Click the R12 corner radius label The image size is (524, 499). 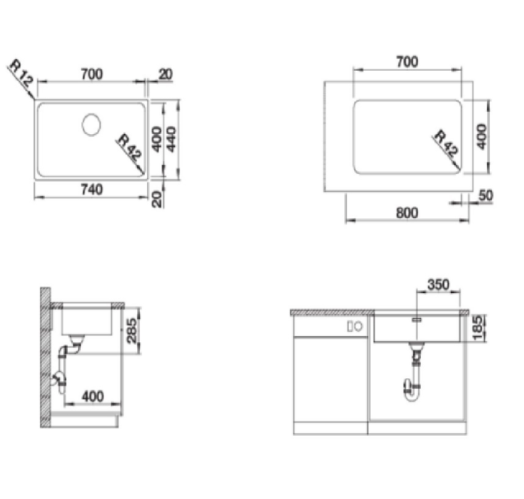(21, 76)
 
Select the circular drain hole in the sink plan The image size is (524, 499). (91, 124)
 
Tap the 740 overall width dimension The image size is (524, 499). (92, 190)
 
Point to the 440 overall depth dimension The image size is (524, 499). (172, 139)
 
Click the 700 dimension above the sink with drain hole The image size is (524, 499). (92, 74)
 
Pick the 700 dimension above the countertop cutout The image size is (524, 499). (407, 62)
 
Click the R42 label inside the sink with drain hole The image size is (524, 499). (130, 146)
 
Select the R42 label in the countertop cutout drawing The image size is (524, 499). (446, 143)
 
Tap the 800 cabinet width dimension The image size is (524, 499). (407, 213)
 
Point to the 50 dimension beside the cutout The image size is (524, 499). (486, 195)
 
